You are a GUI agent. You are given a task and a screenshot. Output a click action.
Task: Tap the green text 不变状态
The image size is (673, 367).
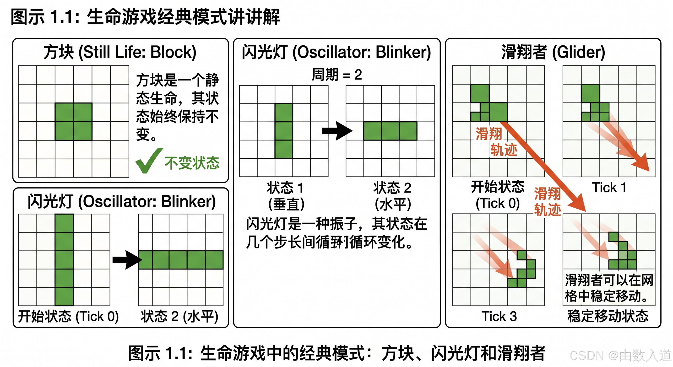(192, 163)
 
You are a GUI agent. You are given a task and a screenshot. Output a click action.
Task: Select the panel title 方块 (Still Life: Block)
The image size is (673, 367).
(120, 52)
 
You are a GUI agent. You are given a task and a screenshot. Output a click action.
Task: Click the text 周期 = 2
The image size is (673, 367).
(337, 75)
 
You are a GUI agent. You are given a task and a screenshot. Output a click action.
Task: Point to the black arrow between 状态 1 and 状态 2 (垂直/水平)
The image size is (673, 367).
(337, 131)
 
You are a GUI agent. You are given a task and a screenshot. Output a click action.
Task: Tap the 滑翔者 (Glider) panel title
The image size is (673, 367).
(553, 52)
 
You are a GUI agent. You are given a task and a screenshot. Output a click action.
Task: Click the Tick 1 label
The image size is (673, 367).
(609, 188)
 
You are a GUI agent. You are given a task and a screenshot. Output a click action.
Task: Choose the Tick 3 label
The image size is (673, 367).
(499, 316)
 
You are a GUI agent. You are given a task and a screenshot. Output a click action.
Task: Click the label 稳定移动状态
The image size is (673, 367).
(608, 316)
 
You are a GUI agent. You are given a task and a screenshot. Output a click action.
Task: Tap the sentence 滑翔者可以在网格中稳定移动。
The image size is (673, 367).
(609, 288)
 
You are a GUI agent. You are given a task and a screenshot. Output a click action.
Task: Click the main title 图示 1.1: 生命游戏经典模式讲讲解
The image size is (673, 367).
(145, 17)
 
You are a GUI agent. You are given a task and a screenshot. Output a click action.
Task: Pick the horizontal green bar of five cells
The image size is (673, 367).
(181, 260)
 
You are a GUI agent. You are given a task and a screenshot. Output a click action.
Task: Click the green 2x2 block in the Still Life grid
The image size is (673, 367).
(73, 121)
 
